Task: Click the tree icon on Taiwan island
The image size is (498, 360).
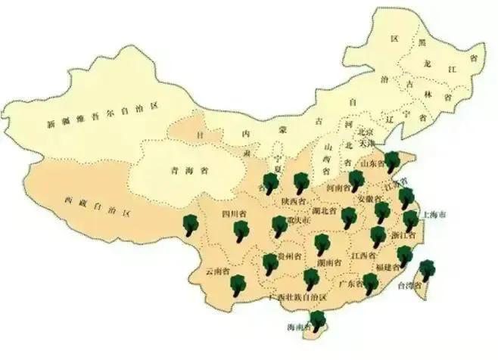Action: coord(428,270)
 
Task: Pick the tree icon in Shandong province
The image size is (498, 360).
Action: coord(392,162)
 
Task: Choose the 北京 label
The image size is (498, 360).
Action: coord(366,131)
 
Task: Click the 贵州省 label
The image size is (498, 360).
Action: coord(288,257)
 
